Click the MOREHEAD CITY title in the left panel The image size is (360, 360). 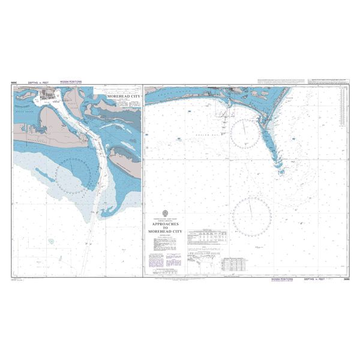(x=122, y=96)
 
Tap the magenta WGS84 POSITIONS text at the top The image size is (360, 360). (x=71, y=85)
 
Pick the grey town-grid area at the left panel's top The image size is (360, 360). (x=48, y=95)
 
